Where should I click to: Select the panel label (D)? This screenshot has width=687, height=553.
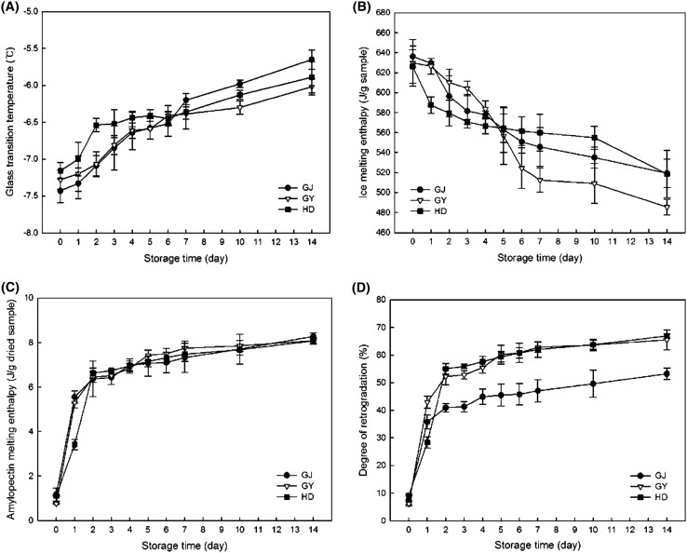coord(363,288)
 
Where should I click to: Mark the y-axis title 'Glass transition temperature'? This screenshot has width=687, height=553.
coord(11,121)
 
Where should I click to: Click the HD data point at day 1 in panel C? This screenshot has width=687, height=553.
coord(101,444)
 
